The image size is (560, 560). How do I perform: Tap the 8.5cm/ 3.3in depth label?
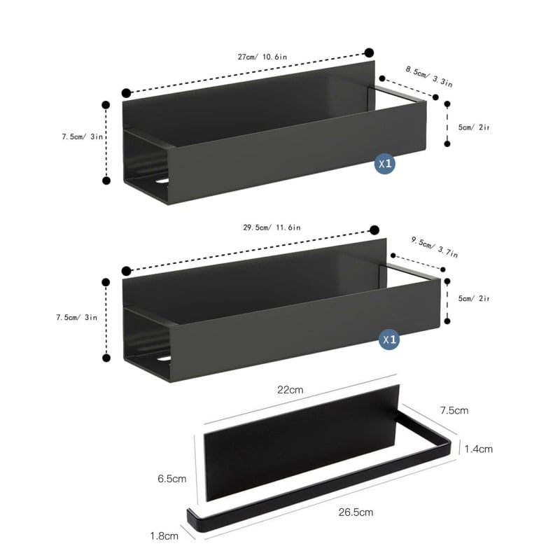pos(428,76)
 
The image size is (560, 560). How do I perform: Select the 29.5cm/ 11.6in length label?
pos(272,227)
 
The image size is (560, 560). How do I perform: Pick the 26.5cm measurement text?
pos(356,512)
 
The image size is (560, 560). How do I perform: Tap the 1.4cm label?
pos(478,449)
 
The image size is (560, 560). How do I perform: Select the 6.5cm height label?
pos(171,479)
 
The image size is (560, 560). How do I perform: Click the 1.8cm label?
pos(164,536)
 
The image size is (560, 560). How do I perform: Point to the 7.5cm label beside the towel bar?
pos(454,409)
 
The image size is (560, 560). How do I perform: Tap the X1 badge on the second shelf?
pos(390,340)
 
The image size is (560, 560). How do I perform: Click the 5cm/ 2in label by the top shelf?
pos(473,127)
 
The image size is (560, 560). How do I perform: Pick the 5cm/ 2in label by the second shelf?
pos(473,299)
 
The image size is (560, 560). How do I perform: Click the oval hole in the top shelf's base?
pos(163,181)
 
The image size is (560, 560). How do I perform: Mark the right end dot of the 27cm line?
pos(369,52)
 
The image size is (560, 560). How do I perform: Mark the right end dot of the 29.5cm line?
pos(374,230)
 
